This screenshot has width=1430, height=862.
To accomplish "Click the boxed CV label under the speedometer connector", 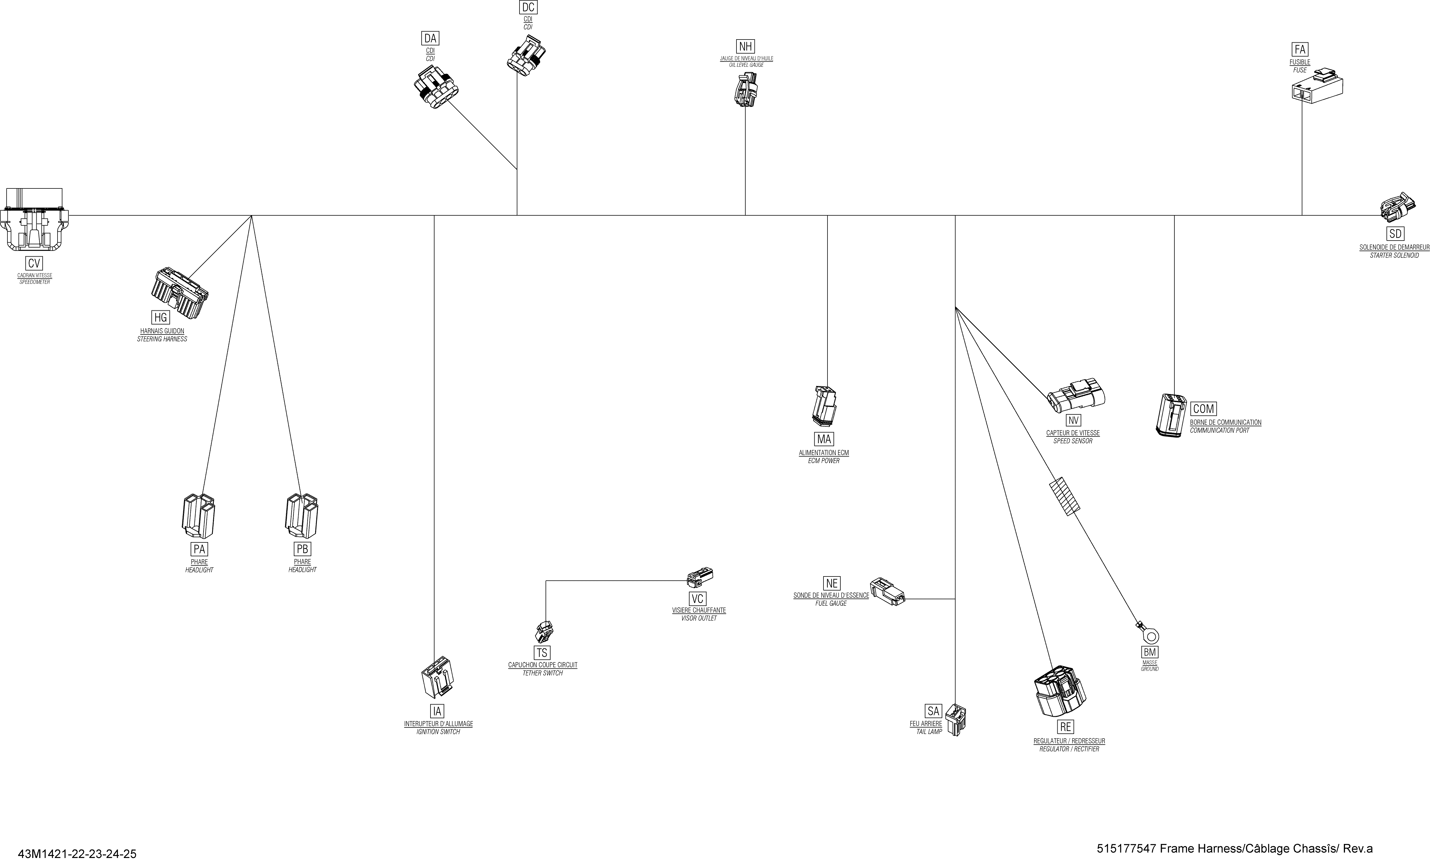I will pos(34,263).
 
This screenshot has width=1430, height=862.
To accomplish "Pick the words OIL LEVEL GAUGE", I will pos(746,65).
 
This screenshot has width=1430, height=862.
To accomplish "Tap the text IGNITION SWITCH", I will pos(438,732).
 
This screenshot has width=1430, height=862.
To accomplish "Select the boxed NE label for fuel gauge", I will pos(832,583).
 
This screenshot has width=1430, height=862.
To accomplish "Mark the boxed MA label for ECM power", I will pos(824,439).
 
